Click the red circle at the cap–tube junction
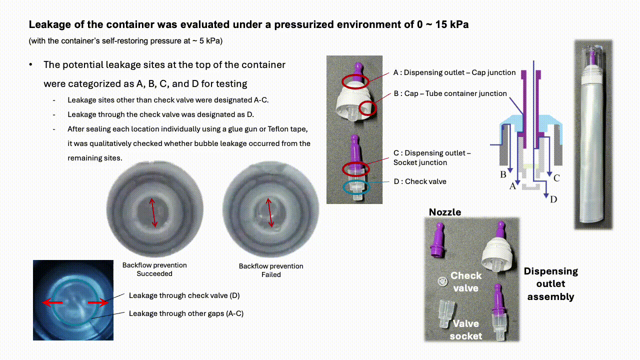[367, 108]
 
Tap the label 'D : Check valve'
[419, 181]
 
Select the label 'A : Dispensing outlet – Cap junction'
[454, 72]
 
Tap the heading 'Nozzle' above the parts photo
[444, 212]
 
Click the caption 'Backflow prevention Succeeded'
[154, 269]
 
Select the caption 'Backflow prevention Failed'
[271, 270]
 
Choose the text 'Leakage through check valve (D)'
[184, 295]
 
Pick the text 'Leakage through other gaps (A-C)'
[186, 313]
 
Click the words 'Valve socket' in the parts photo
[465, 330]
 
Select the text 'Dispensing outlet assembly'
[550, 284]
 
